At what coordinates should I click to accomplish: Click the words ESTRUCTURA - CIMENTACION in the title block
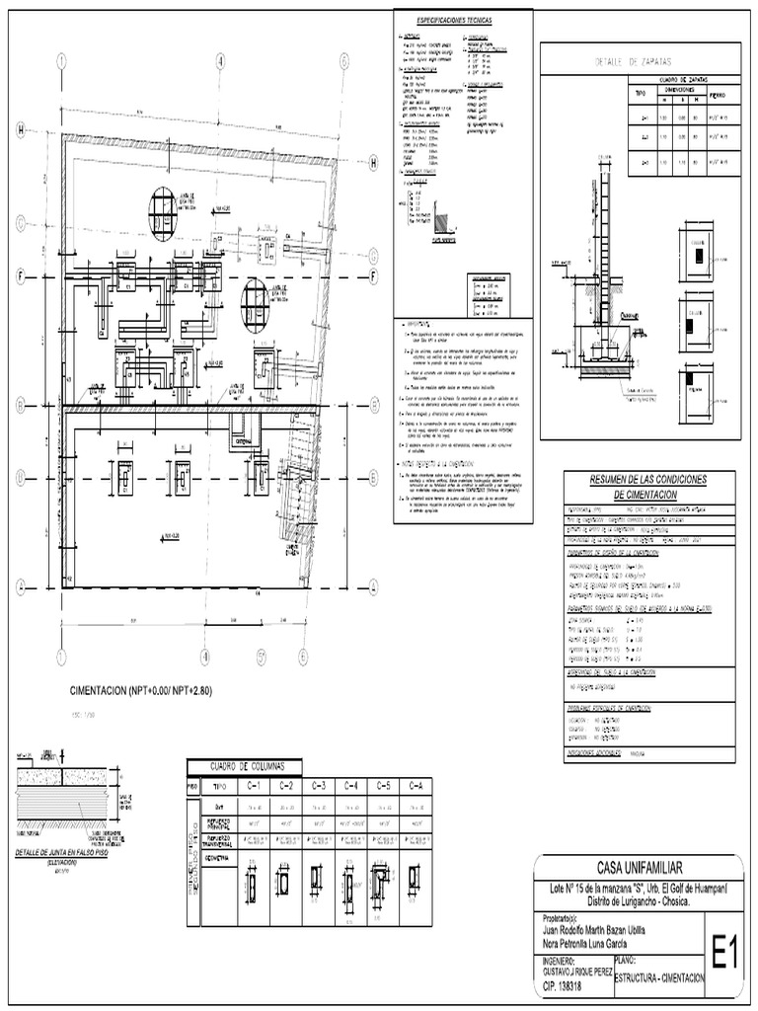[658, 977]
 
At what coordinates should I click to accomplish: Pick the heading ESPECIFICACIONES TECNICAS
[463, 20]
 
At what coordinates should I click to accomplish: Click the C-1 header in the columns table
[253, 786]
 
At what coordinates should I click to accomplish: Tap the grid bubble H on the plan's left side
[21, 128]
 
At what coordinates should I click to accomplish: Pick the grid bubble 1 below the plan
[62, 655]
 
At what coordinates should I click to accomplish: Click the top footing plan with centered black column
[698, 254]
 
